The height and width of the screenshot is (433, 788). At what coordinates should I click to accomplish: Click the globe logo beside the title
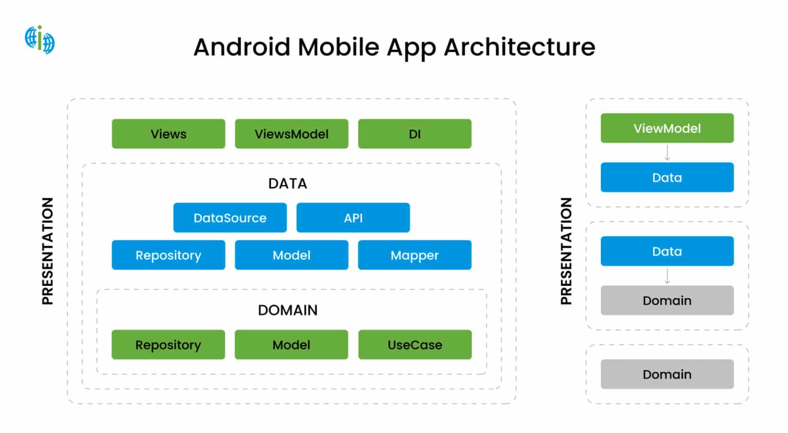pyautogui.click(x=40, y=39)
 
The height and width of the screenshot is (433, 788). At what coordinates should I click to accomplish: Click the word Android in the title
pyautogui.click(x=242, y=47)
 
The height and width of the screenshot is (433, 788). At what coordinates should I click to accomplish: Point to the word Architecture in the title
pyautogui.click(x=519, y=47)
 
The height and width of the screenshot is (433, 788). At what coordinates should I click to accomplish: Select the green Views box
pyautogui.click(x=168, y=134)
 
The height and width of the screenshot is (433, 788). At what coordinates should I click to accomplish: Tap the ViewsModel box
pyautogui.click(x=291, y=134)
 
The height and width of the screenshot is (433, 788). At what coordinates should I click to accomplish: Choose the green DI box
pyautogui.click(x=415, y=134)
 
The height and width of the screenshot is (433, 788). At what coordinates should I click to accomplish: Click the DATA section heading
pyautogui.click(x=287, y=183)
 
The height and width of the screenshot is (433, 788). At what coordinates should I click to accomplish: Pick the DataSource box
pyautogui.click(x=230, y=218)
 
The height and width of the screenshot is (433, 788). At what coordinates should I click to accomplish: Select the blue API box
pyautogui.click(x=353, y=218)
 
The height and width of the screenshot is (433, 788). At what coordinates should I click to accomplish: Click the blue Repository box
pyautogui.click(x=168, y=255)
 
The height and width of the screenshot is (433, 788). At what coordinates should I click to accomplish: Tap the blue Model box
pyautogui.click(x=291, y=255)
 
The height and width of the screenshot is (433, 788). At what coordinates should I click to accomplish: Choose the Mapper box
pyautogui.click(x=415, y=255)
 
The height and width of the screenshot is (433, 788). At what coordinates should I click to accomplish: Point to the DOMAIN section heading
pyautogui.click(x=287, y=310)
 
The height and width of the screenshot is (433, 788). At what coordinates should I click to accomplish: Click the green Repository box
pyautogui.click(x=168, y=345)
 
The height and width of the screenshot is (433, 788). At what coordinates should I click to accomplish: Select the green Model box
pyautogui.click(x=291, y=345)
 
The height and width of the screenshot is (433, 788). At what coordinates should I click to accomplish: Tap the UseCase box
pyautogui.click(x=415, y=345)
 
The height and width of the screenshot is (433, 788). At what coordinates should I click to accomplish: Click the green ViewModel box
pyautogui.click(x=667, y=128)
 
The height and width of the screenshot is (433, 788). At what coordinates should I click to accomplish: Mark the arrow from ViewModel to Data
pyautogui.click(x=667, y=153)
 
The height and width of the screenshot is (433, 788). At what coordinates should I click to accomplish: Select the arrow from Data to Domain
pyautogui.click(x=667, y=276)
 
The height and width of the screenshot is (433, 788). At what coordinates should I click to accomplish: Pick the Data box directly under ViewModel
pyautogui.click(x=667, y=177)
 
